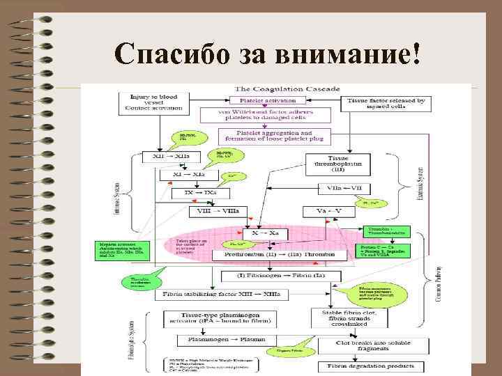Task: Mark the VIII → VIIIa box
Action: point(216,211)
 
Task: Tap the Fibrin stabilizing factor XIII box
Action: point(221,295)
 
